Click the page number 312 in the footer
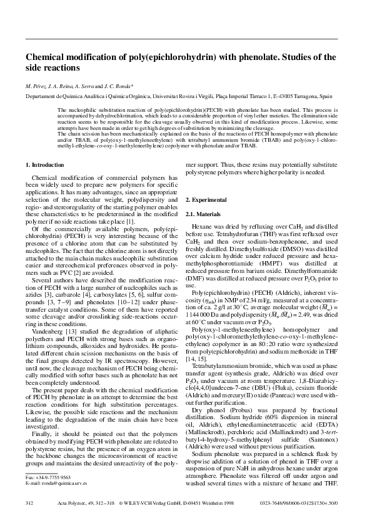[28, 519]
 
